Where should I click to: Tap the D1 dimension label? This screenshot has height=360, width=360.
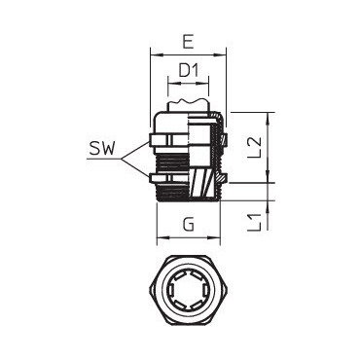click(189, 71)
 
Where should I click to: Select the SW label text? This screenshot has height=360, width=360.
click(102, 150)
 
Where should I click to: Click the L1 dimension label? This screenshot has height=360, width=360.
click(255, 223)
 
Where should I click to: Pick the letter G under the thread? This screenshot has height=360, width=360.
click(188, 224)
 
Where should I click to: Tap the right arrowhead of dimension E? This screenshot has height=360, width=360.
click(220, 55)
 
